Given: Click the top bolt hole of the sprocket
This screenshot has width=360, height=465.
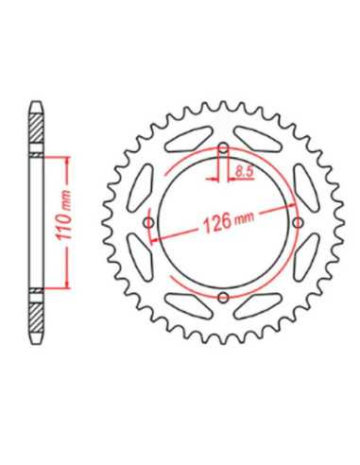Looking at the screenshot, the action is pos(224,147).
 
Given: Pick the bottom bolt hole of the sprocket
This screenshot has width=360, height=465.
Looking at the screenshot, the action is pos(224,297).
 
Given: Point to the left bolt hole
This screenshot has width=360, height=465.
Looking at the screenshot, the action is pos(148,223).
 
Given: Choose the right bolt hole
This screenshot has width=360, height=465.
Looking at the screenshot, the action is pos(298,223).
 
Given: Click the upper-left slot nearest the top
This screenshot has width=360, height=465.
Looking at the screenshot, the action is pos(189,139).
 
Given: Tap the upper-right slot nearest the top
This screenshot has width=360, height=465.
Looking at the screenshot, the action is pos(258,139).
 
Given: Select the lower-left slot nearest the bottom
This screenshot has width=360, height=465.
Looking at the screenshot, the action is pos(189,306).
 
